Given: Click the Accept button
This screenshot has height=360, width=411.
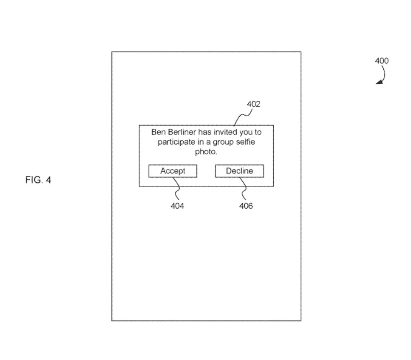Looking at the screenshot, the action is tap(173, 171).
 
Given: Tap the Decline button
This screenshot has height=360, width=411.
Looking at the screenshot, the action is tap(240, 171).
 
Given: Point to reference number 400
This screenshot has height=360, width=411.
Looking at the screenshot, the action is tap(382, 61).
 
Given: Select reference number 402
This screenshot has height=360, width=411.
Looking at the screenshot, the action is tap(253, 104).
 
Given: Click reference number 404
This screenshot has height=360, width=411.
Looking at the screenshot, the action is tap(177, 206).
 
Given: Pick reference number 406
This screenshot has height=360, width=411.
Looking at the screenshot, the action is tap(246, 206).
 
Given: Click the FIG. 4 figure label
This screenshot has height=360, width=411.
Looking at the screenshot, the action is tap(38, 180).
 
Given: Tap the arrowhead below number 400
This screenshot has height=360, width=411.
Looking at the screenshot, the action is tap(380, 82).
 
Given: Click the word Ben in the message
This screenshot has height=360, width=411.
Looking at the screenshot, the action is tap(158, 132).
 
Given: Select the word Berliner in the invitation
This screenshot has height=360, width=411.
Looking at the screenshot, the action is tap(182, 132).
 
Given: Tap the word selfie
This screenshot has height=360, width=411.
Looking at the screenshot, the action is tap(247, 142).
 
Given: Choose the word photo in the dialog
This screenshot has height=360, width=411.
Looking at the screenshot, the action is tap(206, 152).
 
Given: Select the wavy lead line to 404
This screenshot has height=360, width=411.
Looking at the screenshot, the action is tap(178, 188).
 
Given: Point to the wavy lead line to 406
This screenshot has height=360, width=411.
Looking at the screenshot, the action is tap(244, 188).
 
